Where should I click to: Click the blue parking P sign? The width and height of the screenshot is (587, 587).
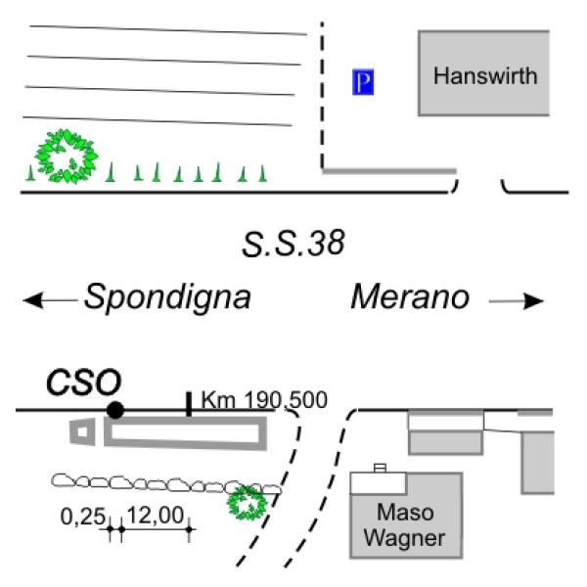(x=363, y=83)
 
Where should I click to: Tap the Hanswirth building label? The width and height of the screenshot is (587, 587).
(x=486, y=75)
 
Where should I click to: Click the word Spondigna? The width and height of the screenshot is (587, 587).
(x=166, y=297)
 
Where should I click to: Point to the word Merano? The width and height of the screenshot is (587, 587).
(x=411, y=297)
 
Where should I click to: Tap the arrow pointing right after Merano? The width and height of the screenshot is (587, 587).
(x=516, y=301)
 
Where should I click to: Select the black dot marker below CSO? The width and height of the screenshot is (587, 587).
(x=115, y=410)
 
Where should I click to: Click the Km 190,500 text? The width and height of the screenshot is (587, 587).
(x=263, y=400)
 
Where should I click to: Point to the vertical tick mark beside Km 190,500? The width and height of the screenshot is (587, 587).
(x=188, y=404)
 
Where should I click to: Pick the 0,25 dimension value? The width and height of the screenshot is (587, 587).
(x=83, y=513)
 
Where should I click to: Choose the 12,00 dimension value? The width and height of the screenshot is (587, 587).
(x=155, y=513)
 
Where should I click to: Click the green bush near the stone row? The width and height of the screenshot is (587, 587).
(x=247, y=502)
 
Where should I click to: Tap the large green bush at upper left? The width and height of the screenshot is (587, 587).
(x=67, y=157)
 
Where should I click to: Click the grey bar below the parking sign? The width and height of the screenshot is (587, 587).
(x=389, y=172)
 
